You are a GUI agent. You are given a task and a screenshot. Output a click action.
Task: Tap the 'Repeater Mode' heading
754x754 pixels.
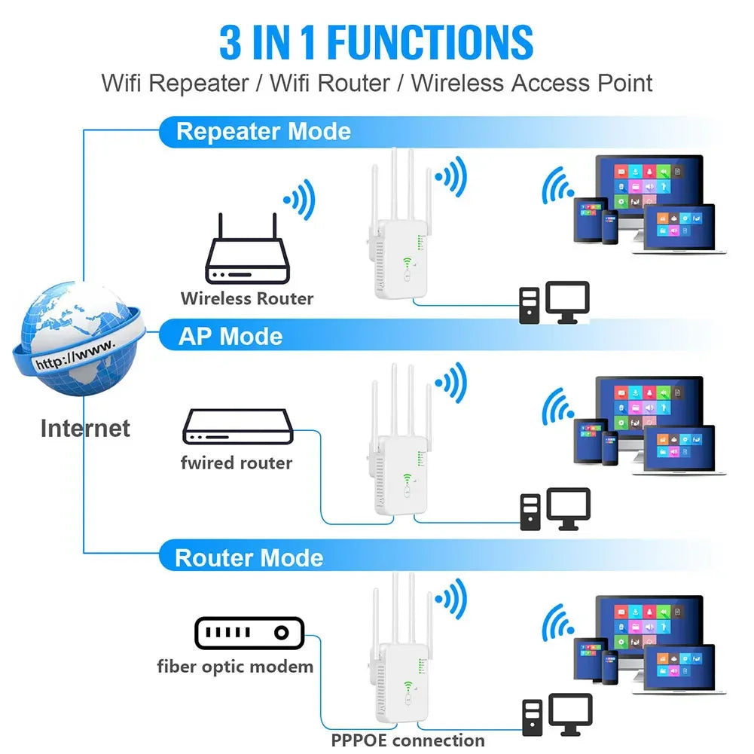tap(263, 132)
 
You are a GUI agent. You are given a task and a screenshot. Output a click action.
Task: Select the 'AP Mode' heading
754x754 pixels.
tap(230, 336)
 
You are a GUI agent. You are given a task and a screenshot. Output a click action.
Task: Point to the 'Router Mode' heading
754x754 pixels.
tap(249, 558)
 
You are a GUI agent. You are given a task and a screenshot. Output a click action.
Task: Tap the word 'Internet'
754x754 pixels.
tap(85, 429)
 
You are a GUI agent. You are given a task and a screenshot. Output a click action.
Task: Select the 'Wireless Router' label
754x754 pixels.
tap(247, 298)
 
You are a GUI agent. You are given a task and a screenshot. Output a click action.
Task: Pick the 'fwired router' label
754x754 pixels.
tap(237, 462)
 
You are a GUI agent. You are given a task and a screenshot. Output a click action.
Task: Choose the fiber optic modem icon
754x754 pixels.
tap(249, 633)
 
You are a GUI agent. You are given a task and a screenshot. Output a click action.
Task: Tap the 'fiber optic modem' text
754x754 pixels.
tap(235, 666)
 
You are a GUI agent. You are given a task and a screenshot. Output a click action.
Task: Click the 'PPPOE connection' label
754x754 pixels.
tap(408, 740)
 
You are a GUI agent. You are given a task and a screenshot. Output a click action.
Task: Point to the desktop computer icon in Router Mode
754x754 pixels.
tap(557, 715)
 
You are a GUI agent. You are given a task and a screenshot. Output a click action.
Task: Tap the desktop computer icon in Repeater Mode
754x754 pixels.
tap(554, 303)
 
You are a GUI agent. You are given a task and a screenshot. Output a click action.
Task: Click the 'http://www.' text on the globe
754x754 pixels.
tap(75, 354)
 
